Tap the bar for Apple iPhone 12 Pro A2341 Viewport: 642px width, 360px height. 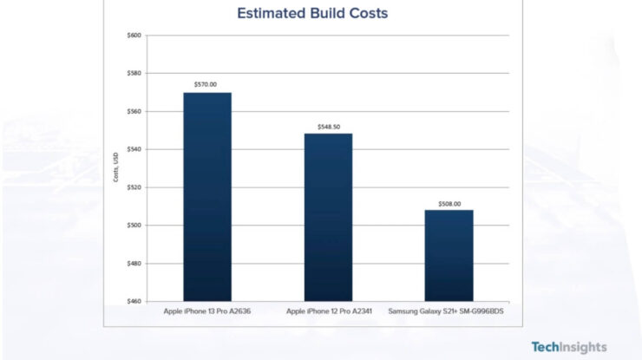click(328, 217)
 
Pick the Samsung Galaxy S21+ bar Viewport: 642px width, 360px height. click(449, 255)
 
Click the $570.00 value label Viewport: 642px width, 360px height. click(207, 85)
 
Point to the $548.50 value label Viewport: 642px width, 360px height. click(328, 127)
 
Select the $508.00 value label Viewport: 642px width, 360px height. click(449, 204)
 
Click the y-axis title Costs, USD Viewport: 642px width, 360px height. click(115, 167)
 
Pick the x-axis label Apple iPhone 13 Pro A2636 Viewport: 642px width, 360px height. click(207, 310)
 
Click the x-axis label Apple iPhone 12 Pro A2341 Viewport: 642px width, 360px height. click(328, 310)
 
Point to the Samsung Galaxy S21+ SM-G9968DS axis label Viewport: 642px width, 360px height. click(449, 310)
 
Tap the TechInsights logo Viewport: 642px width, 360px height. click(568, 346)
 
